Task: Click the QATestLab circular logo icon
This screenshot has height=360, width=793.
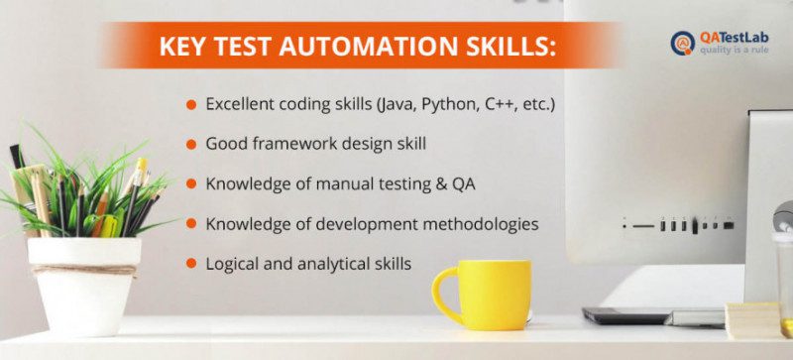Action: point(683,43)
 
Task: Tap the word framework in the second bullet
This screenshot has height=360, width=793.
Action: point(289,144)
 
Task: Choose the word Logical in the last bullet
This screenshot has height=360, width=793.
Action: point(232,264)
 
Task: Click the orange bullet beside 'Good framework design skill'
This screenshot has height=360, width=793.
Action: point(189,144)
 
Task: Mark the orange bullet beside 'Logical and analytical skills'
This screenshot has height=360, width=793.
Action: point(189,265)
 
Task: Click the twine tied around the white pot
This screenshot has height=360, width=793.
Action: point(83,269)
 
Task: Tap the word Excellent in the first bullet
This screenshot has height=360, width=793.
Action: point(242,103)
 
